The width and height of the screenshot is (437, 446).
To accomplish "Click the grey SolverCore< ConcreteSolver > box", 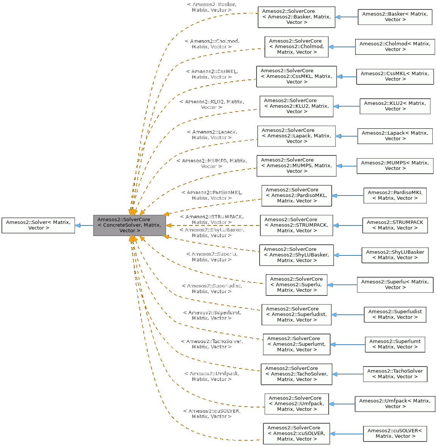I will [129, 225].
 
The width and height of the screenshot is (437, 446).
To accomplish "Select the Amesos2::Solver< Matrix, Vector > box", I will [38, 225].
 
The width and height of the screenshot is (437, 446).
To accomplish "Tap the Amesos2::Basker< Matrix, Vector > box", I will [395, 17].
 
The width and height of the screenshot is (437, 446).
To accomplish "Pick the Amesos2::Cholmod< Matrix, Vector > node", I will [395, 47].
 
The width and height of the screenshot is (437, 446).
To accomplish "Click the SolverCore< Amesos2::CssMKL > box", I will [296, 76].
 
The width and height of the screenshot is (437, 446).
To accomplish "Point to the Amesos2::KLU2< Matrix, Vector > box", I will [395, 106].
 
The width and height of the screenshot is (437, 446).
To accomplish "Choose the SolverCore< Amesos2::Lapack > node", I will [296, 136].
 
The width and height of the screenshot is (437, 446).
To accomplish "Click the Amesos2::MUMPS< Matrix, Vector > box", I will [395, 166].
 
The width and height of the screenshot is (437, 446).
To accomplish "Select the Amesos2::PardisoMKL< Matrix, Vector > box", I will [395, 195].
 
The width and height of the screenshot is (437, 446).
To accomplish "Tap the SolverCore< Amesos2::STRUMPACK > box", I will [296, 225].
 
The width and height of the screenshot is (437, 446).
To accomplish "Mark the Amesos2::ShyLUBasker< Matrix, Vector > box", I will [395, 255].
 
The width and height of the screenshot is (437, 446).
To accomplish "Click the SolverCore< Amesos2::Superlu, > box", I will [296, 284].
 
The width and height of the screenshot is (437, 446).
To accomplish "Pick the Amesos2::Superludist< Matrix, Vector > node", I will [395, 314].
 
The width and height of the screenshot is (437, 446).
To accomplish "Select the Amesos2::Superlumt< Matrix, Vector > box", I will [395, 344].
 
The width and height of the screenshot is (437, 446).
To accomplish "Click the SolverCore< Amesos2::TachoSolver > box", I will [296, 374].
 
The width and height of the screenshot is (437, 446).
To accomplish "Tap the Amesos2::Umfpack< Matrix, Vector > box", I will [395, 404].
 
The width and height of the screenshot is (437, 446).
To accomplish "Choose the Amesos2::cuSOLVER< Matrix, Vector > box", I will [395, 434].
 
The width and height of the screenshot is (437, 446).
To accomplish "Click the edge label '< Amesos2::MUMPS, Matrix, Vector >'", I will [211, 163].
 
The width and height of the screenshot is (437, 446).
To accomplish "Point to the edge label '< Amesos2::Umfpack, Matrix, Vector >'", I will [211, 376].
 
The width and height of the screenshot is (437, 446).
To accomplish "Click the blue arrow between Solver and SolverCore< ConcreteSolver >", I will [84, 225].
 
